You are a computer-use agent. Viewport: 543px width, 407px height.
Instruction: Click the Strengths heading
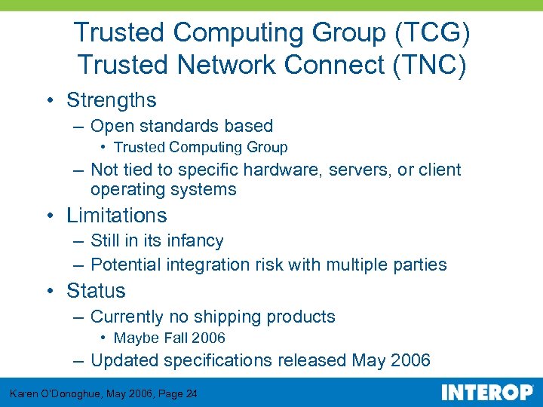click(x=112, y=100)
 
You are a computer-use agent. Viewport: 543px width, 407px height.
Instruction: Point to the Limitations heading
click(x=117, y=216)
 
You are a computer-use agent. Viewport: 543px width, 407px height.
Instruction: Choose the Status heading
click(x=96, y=291)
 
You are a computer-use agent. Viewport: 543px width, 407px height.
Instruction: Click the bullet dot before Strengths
click(x=48, y=100)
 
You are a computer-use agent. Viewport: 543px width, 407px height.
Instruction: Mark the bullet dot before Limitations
click(x=48, y=216)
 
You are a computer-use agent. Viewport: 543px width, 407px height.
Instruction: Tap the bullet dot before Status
click(x=48, y=291)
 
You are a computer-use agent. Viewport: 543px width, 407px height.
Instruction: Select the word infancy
click(x=195, y=241)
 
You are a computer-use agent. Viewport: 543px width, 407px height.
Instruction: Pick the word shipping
click(x=236, y=317)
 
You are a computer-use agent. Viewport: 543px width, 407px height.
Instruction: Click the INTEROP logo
click(x=486, y=393)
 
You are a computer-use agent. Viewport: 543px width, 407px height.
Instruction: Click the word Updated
click(x=122, y=361)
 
